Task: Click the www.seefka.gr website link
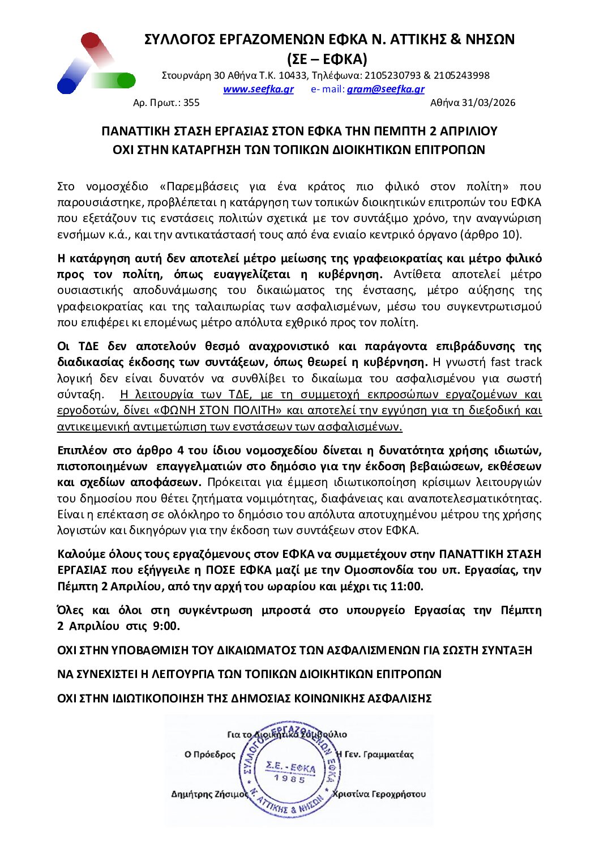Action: tap(258, 89)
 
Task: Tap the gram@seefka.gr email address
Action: tap(385, 89)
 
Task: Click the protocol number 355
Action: tap(191, 103)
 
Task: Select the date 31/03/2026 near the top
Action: tap(488, 103)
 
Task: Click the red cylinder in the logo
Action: tap(93, 44)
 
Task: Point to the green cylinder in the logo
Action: tap(120, 80)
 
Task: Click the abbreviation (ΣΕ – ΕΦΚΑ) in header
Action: tap(327, 59)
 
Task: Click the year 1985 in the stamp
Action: tap(290, 779)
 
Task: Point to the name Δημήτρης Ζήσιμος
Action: tap(209, 794)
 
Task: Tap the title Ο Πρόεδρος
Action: tap(209, 755)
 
